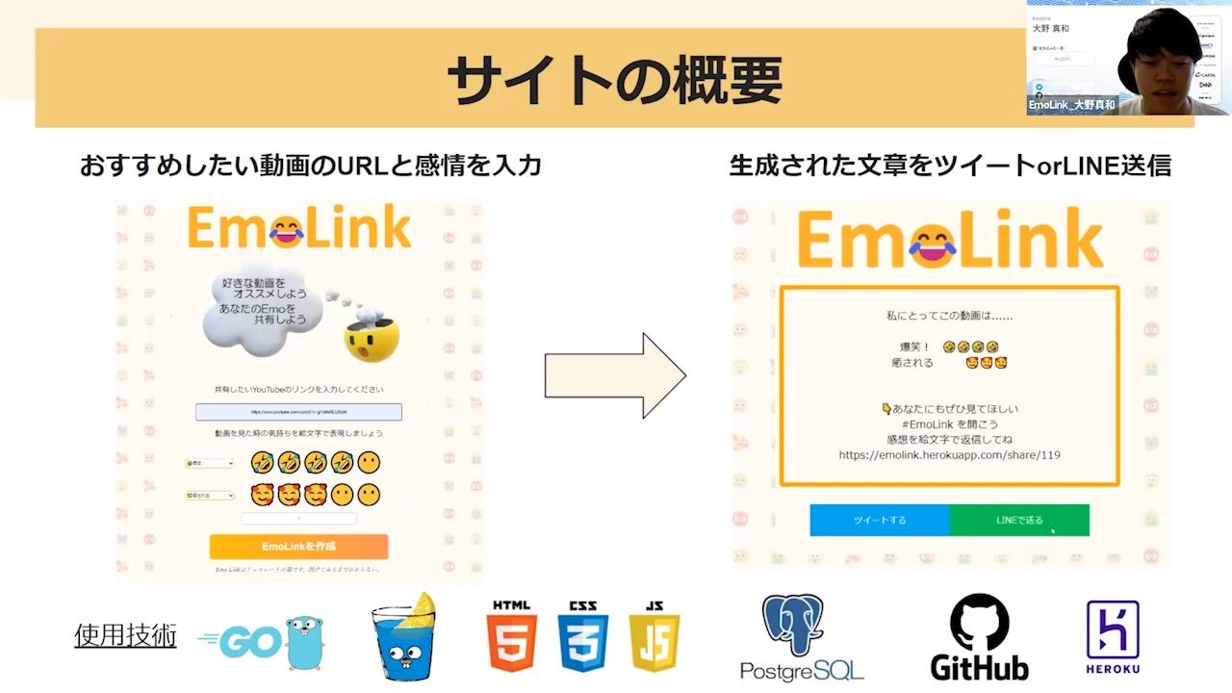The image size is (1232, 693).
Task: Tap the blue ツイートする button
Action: (880, 520)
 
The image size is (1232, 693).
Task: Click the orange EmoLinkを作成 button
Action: (298, 547)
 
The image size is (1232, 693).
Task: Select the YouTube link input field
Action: (298, 412)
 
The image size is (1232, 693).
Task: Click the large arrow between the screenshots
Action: (615, 375)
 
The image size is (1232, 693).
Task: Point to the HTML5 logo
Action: (511, 636)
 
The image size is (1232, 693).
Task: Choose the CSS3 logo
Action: (582, 636)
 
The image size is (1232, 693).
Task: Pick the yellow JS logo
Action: (654, 636)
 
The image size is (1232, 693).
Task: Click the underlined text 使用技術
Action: (125, 635)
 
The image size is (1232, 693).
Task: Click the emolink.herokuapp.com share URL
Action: (949, 454)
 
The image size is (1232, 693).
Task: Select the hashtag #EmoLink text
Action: (937, 423)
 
